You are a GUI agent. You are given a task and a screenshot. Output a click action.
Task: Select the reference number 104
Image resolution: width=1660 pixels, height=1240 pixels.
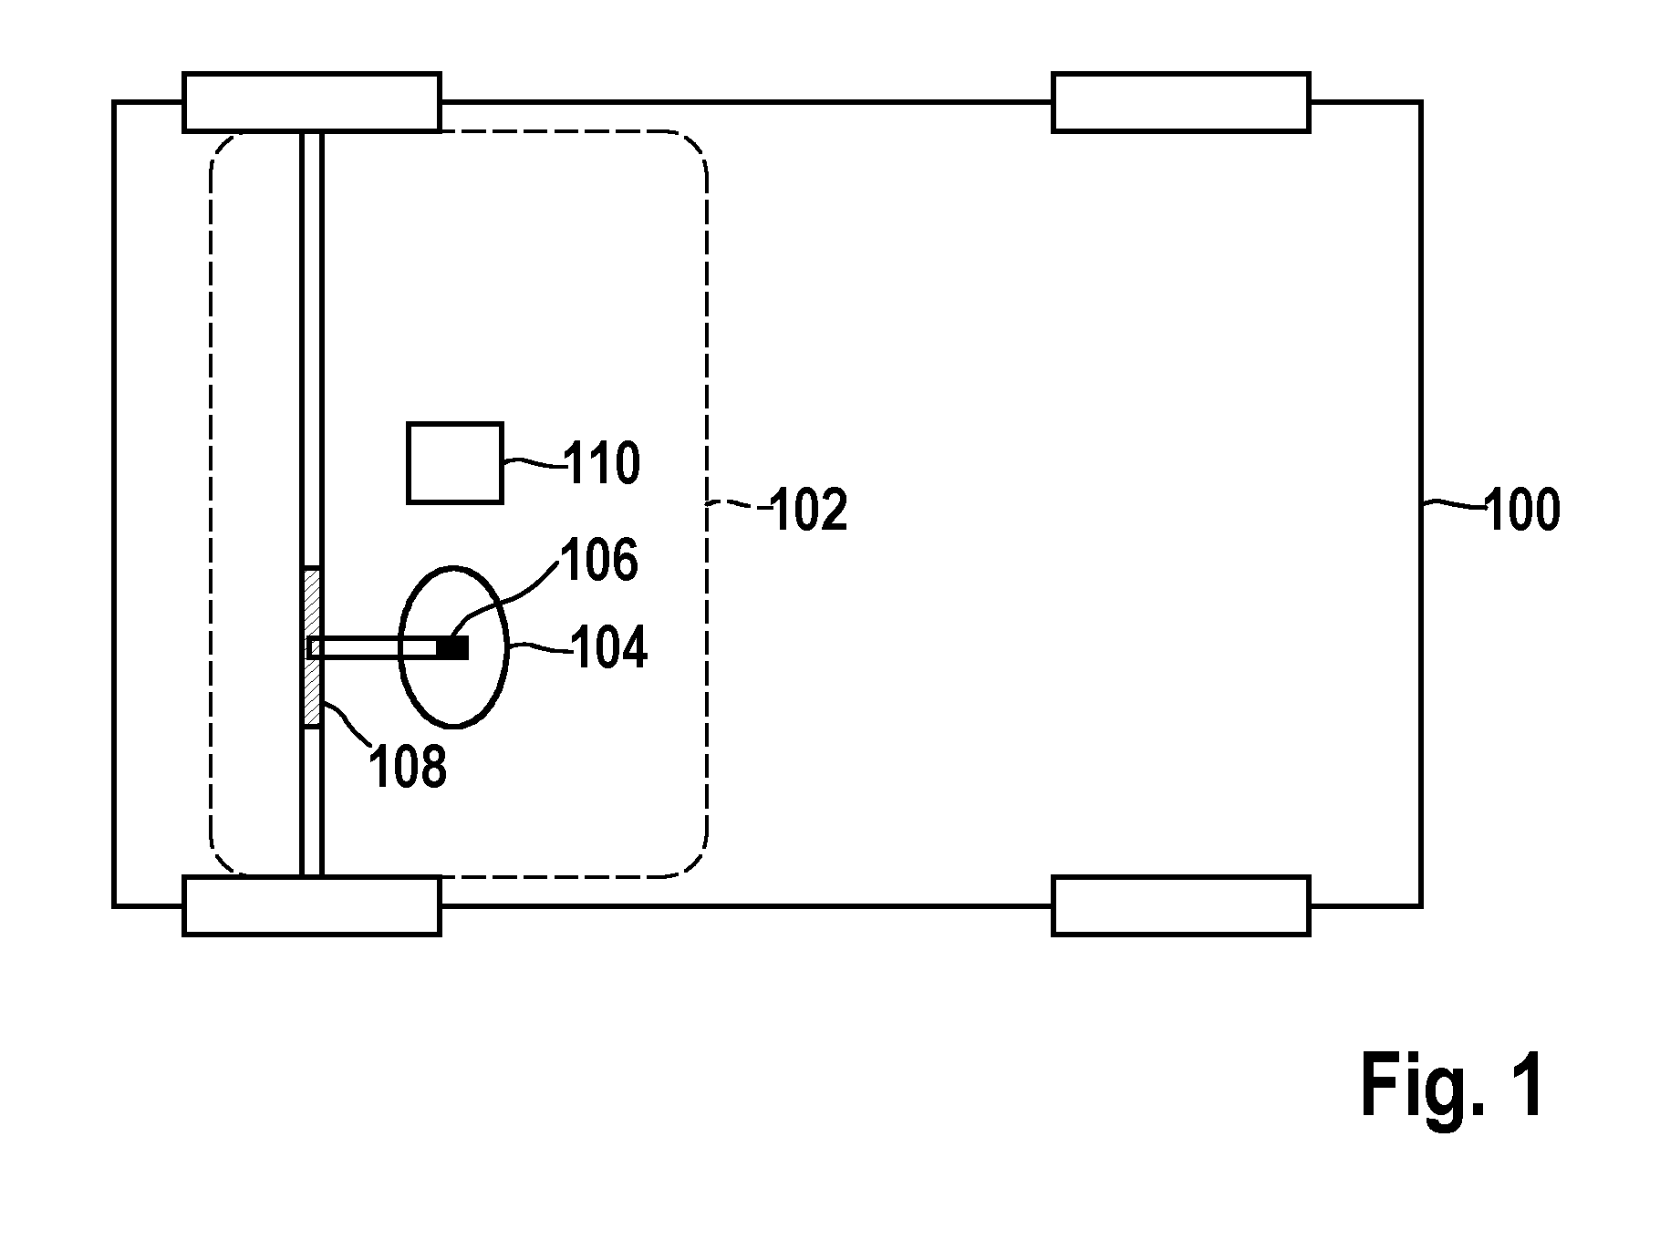(x=609, y=648)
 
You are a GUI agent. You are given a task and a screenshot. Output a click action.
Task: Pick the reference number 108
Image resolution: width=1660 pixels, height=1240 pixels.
(x=408, y=766)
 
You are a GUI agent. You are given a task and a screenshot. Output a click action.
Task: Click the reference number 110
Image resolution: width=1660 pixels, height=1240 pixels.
(x=603, y=463)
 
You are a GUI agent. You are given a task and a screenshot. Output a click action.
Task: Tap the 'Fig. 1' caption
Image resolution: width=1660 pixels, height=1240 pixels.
(x=1454, y=1086)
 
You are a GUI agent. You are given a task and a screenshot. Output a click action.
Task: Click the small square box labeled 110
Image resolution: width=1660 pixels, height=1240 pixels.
(x=454, y=463)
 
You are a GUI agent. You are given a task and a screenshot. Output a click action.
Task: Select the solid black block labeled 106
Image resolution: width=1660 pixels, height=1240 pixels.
(x=453, y=647)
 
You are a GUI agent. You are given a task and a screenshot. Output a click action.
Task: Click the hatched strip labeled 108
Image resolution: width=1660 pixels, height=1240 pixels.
(x=312, y=646)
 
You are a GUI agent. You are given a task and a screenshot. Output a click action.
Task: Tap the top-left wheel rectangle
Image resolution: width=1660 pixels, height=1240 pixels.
(x=312, y=102)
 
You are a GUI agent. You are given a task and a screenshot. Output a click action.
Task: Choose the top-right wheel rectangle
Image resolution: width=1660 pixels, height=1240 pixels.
(x=1181, y=102)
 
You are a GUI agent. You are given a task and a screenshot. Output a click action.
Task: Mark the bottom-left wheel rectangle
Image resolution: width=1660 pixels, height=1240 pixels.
(x=312, y=905)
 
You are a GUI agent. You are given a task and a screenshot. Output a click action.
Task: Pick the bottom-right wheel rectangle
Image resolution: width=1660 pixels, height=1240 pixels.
(x=1181, y=905)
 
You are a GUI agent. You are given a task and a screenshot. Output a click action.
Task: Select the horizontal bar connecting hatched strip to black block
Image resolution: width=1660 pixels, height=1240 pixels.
(x=374, y=647)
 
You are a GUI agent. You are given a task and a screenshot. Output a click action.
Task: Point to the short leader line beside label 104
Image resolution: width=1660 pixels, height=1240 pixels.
(x=538, y=647)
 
